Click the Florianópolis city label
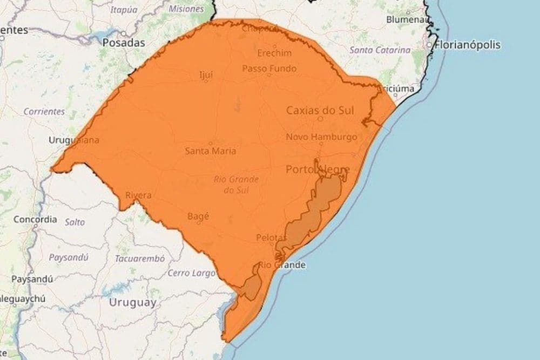pos(468,45)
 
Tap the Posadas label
pos(124,42)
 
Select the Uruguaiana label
pos(74,140)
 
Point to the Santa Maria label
pos(210,151)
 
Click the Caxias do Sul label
pos(320,111)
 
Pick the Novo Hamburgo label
pos(321,137)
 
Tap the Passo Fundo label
pos(269,69)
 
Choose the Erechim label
pos(274,53)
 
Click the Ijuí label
pos(206,74)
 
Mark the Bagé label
pos(198,216)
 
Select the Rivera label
pos(138,195)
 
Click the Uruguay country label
pos(132,302)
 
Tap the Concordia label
pos(35,220)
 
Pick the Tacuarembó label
pos(139,258)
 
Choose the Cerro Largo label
pos(191,273)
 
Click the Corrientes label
pos(44,112)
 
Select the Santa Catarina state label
pos(380,50)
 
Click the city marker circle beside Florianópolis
pos(430,45)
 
